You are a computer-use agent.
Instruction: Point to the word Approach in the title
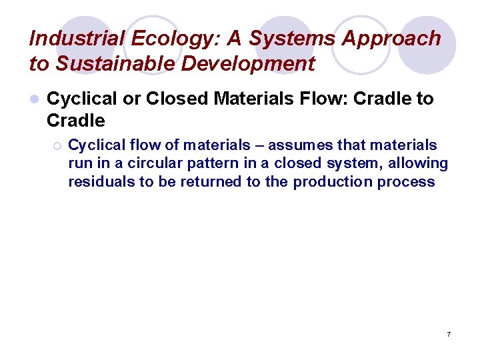[391, 39]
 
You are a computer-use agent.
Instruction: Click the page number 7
[449, 333]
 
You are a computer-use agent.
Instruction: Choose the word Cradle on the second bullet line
[76, 121]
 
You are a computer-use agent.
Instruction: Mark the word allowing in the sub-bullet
[422, 163]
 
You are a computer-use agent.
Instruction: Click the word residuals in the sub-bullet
[101, 181]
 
